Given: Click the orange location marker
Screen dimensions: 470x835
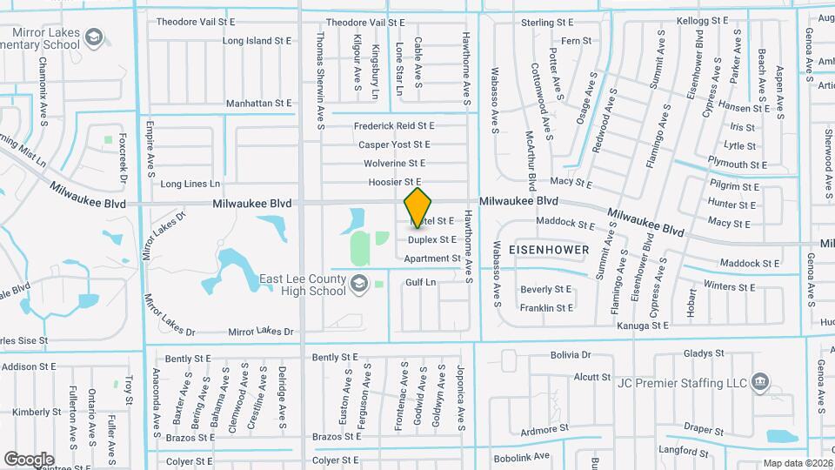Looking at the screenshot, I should pos(418,208).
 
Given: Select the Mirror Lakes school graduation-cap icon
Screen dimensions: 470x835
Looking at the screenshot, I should pos(94,37).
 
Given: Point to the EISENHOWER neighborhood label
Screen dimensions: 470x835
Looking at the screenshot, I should pos(551,250).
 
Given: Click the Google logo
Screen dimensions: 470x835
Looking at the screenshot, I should pos(29,459).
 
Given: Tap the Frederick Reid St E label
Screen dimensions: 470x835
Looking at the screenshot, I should pos(394,126).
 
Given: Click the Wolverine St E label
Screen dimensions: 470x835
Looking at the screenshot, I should pos(395,163).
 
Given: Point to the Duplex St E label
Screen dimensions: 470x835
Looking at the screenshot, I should pos(432,239).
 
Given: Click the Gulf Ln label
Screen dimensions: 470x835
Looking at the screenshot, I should pos(420,283).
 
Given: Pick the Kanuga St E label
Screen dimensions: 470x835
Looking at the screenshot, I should pos(643,326).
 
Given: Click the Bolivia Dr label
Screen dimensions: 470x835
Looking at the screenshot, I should pos(570,355).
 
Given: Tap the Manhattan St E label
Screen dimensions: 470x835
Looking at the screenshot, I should pos(259,103).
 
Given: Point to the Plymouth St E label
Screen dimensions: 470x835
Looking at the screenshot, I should pos(738,164).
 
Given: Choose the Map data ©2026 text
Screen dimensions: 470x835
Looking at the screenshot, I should pos(798,463).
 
